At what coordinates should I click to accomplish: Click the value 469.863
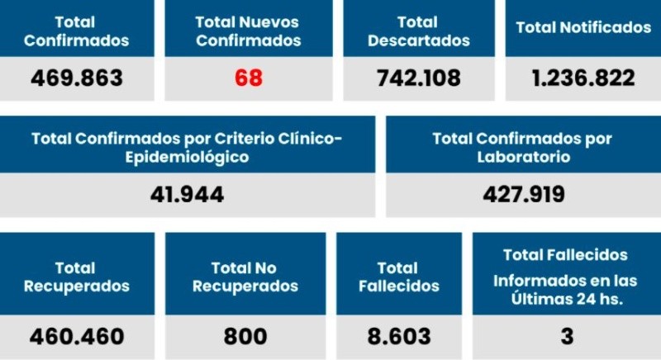tap(76, 78)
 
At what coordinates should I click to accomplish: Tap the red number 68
tap(248, 78)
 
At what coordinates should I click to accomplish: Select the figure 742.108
tap(418, 78)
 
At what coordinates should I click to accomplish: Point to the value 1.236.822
tap(583, 78)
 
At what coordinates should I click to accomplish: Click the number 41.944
tap(187, 195)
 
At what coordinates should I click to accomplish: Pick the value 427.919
tap(523, 195)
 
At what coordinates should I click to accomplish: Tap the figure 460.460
tap(77, 337)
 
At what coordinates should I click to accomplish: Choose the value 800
tap(245, 337)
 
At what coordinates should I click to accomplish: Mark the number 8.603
tap(399, 337)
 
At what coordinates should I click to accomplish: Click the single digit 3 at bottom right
tap(566, 337)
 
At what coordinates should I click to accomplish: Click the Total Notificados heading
tap(583, 27)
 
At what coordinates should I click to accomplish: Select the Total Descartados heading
tap(418, 31)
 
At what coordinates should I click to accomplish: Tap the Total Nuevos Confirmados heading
tap(249, 31)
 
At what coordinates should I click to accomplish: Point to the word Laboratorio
tap(523, 156)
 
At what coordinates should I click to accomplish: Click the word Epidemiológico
tap(187, 156)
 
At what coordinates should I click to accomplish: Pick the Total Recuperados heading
tap(77, 277)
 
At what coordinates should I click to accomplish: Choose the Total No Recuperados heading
tap(245, 277)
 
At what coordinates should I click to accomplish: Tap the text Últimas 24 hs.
tap(566, 299)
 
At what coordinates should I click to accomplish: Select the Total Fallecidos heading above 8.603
tap(398, 277)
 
